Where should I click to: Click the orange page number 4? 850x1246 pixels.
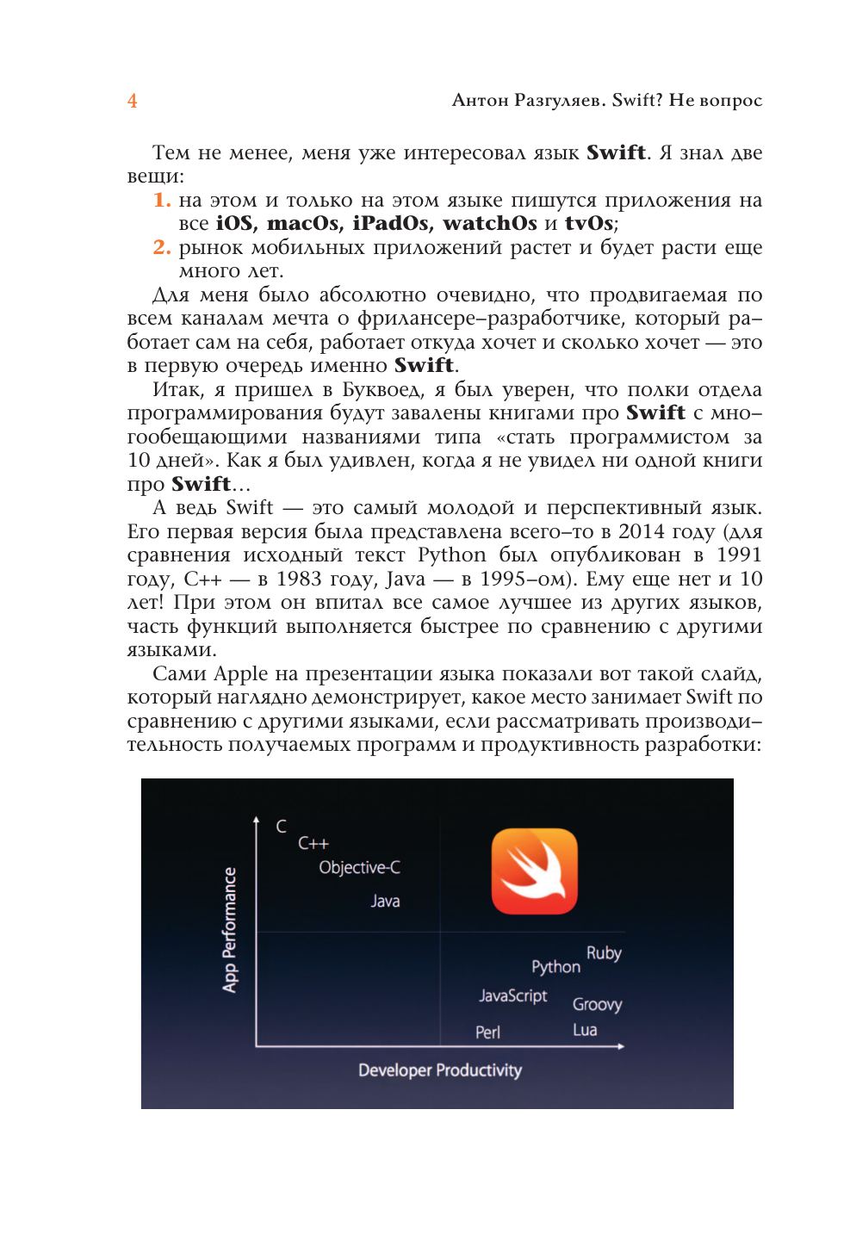tap(132, 101)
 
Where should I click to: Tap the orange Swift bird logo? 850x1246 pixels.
tap(534, 871)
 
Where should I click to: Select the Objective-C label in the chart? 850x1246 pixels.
tap(359, 867)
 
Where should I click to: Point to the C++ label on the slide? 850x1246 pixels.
tap(313, 843)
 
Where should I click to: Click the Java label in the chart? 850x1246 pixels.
tap(385, 901)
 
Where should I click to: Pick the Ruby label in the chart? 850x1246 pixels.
tap(604, 952)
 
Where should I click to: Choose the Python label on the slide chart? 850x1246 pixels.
tap(555, 967)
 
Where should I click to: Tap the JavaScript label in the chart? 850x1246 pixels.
tap(513, 995)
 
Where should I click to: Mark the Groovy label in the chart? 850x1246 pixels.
tap(597, 1004)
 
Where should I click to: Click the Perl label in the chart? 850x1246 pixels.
tap(487, 1032)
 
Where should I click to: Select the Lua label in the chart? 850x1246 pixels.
tap(585, 1030)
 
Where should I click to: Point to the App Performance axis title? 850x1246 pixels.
tap(230, 930)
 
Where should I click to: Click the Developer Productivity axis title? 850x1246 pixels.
tap(440, 1070)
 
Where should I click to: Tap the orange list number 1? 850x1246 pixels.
tap(161, 200)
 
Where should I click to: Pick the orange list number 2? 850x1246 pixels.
tap(161, 247)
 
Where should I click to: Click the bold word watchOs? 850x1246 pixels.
tap(489, 224)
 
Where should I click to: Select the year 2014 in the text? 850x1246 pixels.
tap(642, 531)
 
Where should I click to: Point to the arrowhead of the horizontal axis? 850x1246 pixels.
tap(621, 1046)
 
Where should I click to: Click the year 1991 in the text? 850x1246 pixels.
tap(739, 555)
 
